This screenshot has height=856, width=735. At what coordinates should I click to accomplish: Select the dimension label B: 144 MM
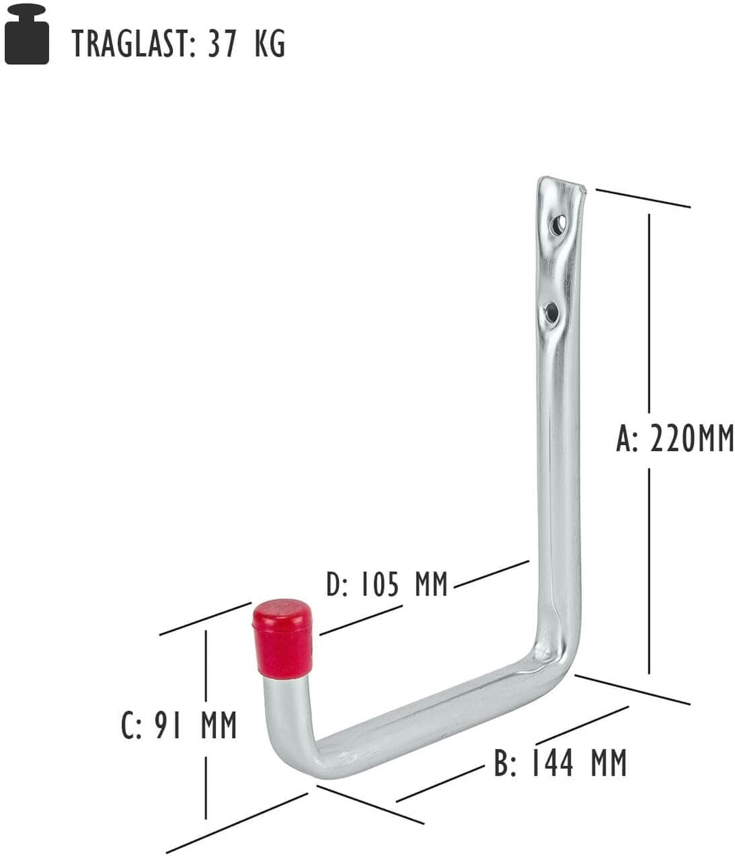point(559,763)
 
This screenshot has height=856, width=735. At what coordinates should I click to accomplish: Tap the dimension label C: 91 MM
point(178,725)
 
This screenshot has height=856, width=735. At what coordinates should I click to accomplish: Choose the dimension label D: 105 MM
point(387,585)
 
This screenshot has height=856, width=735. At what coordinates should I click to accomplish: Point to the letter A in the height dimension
point(625,439)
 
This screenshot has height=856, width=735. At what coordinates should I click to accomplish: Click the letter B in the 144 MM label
point(502,763)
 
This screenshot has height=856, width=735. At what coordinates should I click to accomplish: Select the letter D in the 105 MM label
point(333,585)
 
